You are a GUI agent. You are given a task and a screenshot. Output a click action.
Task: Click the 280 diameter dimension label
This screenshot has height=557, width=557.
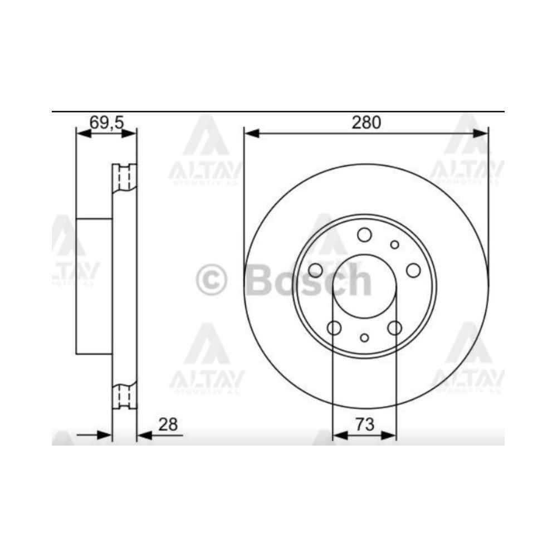pyautogui.click(x=366, y=123)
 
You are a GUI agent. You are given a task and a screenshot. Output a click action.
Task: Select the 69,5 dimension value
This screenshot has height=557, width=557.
pyautogui.click(x=106, y=123)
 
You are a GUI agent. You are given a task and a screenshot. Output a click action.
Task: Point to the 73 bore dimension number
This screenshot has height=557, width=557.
pyautogui.click(x=364, y=424)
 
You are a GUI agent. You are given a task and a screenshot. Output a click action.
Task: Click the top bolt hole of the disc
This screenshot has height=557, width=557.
pyautogui.click(x=365, y=234)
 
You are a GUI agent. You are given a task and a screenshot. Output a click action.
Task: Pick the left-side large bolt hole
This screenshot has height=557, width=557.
pyautogui.click(x=315, y=270)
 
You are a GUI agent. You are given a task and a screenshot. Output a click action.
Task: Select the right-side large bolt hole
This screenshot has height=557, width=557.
pyautogui.click(x=413, y=270)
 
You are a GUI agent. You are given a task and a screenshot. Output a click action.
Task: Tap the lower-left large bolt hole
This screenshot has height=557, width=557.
pyautogui.click(x=334, y=328)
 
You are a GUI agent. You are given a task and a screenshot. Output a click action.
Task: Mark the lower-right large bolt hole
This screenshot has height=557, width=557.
pyautogui.click(x=395, y=328)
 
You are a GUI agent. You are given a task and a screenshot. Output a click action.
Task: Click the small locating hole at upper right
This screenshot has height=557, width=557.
pyautogui.click(x=395, y=245)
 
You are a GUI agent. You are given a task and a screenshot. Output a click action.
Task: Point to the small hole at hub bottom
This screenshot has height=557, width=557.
pyautogui.click(x=365, y=338)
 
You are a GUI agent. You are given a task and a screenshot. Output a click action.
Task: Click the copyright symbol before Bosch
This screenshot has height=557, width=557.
pyautogui.click(x=212, y=280)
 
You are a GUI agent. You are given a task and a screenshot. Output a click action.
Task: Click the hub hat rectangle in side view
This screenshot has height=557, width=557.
pyautogui.click(x=94, y=286)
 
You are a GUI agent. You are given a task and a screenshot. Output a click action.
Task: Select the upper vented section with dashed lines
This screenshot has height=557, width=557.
pyautogui.click(x=125, y=178)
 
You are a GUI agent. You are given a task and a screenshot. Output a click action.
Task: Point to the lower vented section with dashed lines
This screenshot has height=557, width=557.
pyautogui.click(x=125, y=395)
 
